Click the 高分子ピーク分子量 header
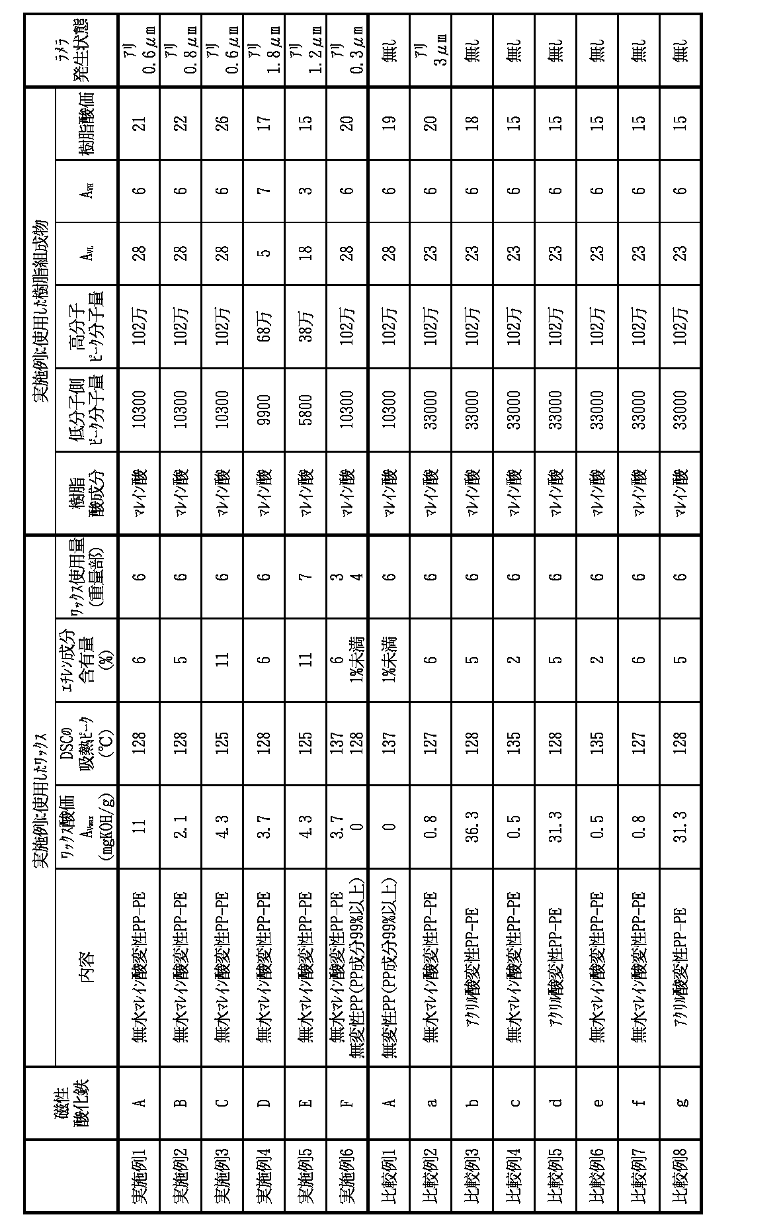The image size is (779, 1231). (87, 326)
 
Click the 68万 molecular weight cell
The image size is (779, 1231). (264, 326)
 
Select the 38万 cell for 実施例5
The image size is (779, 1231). (306, 326)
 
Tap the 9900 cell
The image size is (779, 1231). (264, 409)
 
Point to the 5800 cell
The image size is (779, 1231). (306, 409)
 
